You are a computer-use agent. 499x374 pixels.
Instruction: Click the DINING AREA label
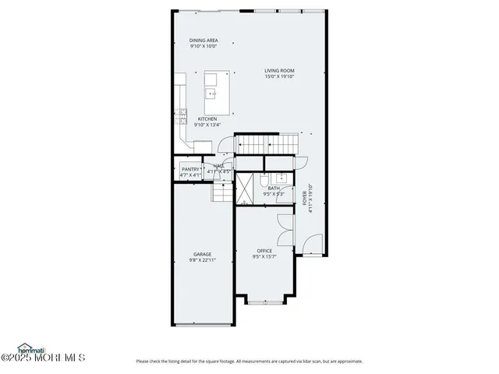[203, 41]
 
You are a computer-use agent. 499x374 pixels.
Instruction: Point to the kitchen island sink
[211, 93]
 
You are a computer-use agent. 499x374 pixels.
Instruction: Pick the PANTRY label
[190, 169]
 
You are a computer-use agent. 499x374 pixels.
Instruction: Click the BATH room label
[274, 188]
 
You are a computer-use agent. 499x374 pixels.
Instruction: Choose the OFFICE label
[264, 251]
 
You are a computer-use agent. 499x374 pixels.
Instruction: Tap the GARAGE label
[203, 254]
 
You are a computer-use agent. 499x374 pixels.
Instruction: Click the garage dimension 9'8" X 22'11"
[203, 260]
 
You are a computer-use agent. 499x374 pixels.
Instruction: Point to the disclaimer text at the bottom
[249, 361]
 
